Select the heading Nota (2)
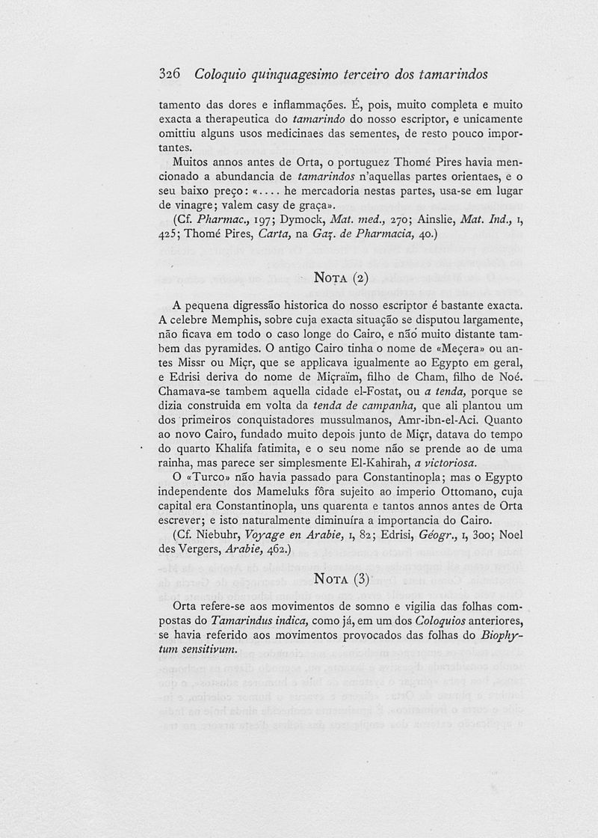pyautogui.click(x=339, y=278)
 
